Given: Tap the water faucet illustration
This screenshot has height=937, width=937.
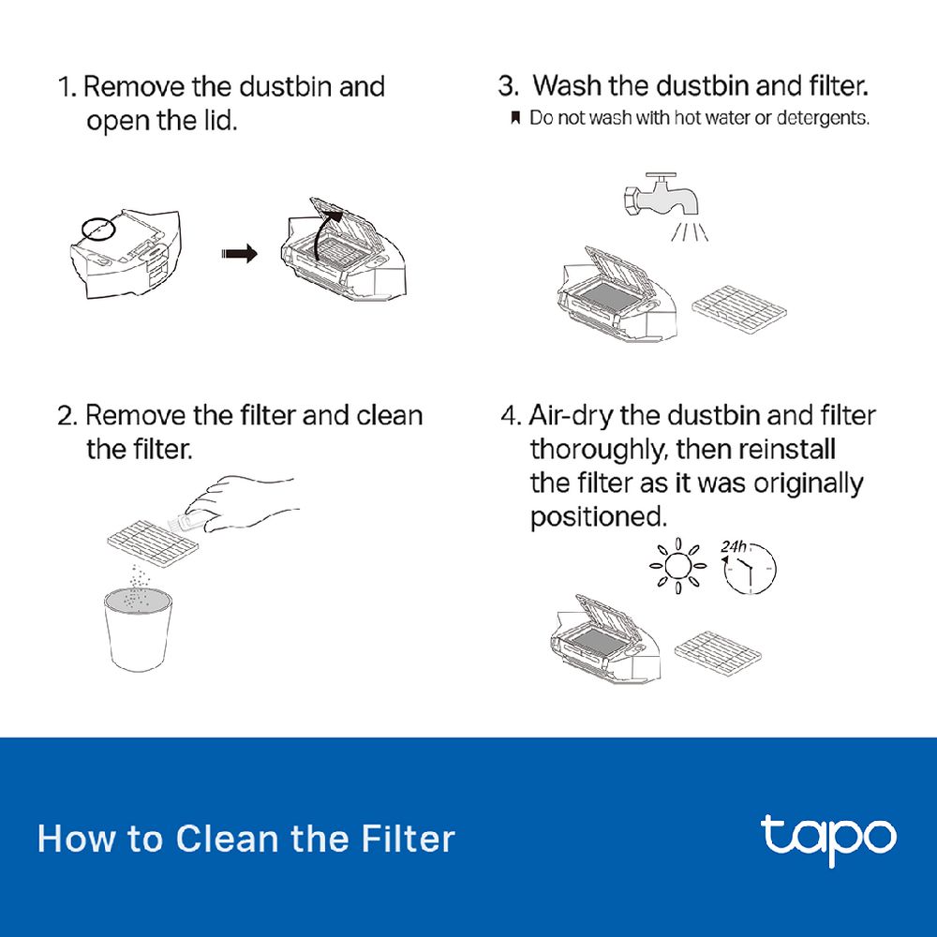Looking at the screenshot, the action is point(662,197).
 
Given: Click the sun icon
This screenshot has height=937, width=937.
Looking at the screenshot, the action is point(677,566).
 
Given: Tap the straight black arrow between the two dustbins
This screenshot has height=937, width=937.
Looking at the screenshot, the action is point(239,254).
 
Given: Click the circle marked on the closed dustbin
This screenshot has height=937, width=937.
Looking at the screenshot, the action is point(97,229).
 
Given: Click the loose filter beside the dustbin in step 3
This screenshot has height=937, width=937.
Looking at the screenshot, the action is point(739,308).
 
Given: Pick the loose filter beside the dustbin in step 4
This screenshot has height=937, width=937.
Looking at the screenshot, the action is point(719,653).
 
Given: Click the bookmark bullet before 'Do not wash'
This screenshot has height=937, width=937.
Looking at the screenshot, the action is point(515,118).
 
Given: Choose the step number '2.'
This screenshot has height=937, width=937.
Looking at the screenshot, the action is point(67,416).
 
